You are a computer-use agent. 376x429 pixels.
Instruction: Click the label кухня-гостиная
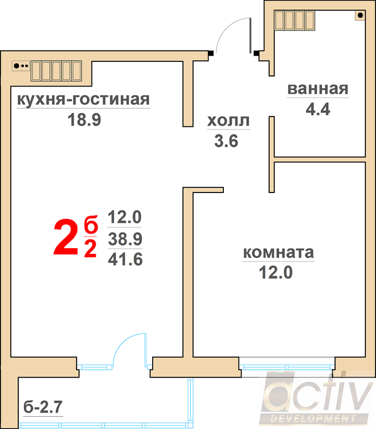(x=83, y=99)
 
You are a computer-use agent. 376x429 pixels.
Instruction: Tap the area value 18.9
(x=85, y=120)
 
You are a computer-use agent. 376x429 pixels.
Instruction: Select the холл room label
(x=228, y=121)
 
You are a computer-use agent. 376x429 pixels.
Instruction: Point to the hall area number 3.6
(x=226, y=142)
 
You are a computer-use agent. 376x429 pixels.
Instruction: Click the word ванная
(x=318, y=89)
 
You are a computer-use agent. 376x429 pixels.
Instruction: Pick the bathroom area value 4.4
(x=318, y=110)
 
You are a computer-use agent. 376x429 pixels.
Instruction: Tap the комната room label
(x=278, y=252)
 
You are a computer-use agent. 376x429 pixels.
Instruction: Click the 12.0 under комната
(x=276, y=273)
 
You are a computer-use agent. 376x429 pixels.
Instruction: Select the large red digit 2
(x=66, y=237)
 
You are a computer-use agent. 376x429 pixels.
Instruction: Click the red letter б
(x=91, y=225)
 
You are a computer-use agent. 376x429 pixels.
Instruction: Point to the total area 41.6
(x=125, y=259)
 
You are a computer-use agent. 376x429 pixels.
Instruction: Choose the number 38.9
(x=125, y=239)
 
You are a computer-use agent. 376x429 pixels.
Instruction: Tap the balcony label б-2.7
(x=43, y=407)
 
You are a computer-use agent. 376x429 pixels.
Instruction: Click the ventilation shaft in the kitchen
(x=56, y=71)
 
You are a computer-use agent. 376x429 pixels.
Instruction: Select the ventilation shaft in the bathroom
(x=294, y=20)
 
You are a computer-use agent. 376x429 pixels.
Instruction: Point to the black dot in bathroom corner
(x=361, y=15)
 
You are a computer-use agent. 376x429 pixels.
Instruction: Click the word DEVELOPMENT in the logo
(x=313, y=419)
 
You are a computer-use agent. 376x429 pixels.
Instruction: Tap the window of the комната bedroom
(x=287, y=367)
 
